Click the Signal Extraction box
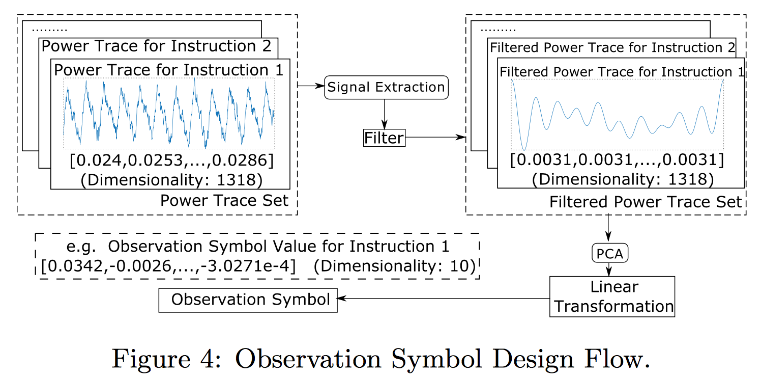tap(386, 87)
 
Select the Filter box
tap(384, 138)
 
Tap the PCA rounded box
tap(609, 253)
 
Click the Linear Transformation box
tap(612, 297)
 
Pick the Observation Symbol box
tap(248, 300)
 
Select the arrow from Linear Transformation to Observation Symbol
tap(443, 300)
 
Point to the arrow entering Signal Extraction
tap(311, 86)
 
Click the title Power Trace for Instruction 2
tap(156, 46)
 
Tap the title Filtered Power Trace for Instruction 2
tap(612, 48)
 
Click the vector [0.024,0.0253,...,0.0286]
tap(171, 162)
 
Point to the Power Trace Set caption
tap(224, 200)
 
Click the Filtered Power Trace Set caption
tap(646, 202)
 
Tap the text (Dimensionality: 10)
tap(395, 266)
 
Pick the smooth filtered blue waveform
tap(617, 115)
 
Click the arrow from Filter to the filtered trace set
tap(435, 138)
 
